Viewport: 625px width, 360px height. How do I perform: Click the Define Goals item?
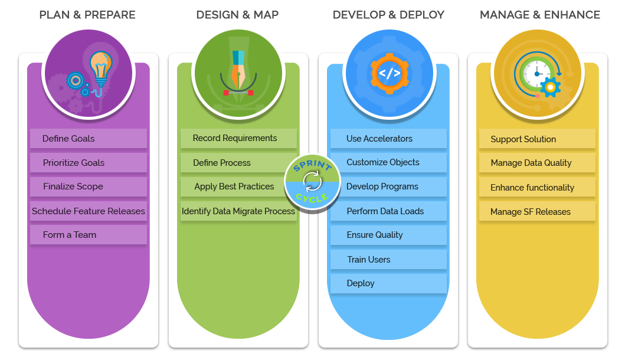[88, 139]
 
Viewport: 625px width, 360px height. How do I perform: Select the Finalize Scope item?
[88, 186]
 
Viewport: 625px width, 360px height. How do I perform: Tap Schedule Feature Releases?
[88, 211]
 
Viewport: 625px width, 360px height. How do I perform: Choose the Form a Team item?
[88, 235]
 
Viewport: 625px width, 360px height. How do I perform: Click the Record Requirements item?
[238, 138]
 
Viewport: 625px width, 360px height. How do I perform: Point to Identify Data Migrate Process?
[238, 211]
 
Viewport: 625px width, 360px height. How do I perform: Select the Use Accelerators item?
[388, 139]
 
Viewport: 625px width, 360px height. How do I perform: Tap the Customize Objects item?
[388, 162]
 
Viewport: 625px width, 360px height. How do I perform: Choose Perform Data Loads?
[388, 211]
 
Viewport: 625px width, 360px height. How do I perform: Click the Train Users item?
[388, 260]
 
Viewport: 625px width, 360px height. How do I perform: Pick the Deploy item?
[388, 283]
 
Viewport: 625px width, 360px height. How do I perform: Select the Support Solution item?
[536, 139]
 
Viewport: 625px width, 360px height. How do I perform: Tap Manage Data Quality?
[536, 163]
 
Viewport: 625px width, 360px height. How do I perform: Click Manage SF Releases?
[536, 212]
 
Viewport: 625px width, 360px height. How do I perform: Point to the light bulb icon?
[100, 66]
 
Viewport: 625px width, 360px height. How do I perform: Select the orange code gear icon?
[389, 74]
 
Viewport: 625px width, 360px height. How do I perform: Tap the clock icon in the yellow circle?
[536, 73]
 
